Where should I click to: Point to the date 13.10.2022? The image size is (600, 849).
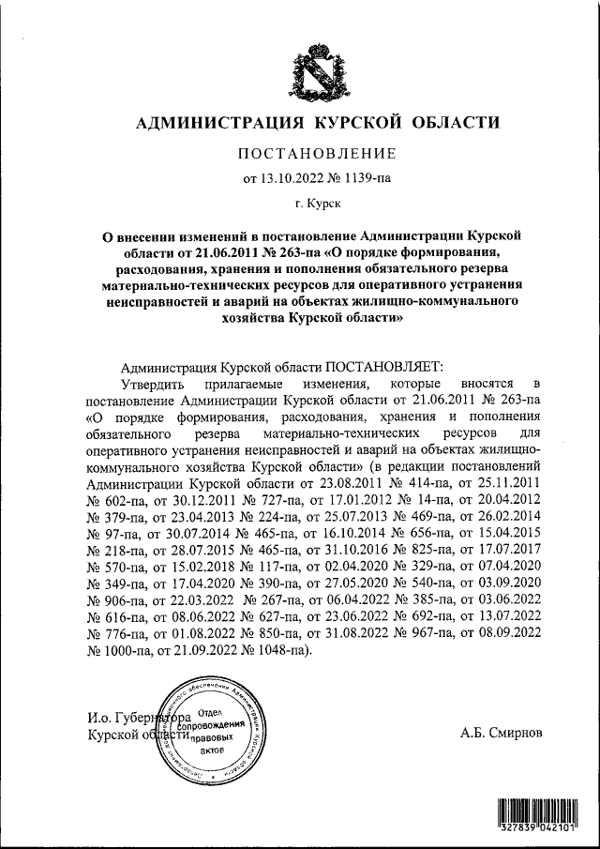(292, 177)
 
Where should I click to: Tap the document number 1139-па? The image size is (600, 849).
(364, 177)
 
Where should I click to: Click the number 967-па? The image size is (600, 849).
(427, 633)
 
